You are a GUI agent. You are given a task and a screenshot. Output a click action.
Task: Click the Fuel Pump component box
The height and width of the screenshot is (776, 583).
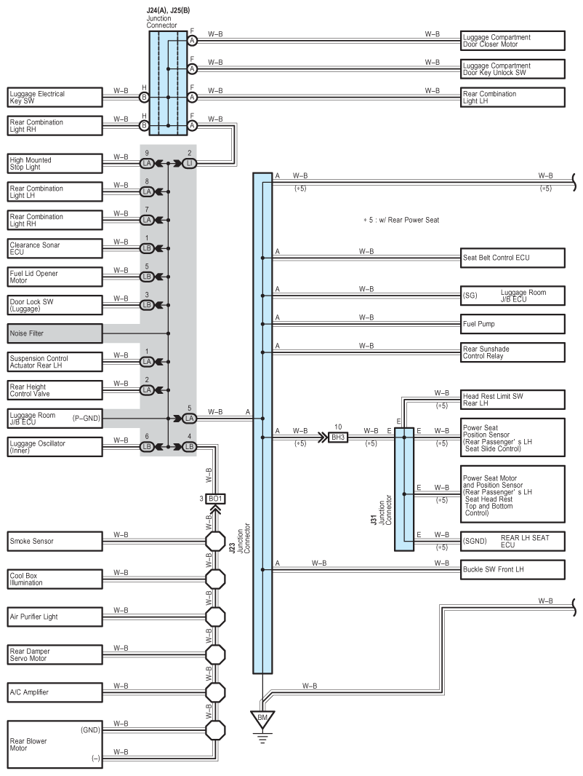512,324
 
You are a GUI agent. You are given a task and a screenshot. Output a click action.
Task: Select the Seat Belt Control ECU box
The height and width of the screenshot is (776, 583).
512,258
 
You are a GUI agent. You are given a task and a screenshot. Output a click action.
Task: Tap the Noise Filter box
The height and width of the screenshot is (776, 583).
55,333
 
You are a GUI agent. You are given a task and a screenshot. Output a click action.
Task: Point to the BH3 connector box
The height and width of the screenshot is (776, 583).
338,438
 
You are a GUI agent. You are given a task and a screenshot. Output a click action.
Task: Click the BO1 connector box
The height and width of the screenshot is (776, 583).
215,499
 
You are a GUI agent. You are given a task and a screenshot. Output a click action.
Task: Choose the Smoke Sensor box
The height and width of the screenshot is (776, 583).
55,541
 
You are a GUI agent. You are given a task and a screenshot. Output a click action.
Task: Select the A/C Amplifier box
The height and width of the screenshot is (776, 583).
55,692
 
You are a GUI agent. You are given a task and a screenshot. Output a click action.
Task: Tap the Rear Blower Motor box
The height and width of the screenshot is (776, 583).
55,744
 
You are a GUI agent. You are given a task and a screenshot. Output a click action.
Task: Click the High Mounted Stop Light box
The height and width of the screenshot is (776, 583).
55,163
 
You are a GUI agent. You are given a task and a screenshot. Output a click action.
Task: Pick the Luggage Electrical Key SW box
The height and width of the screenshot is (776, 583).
55,97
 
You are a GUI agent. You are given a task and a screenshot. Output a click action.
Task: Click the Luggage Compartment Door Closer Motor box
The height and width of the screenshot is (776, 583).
512,41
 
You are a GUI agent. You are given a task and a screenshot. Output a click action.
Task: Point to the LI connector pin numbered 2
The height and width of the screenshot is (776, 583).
189,163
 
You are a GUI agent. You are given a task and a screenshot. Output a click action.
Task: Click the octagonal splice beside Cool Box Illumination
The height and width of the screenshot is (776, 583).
215,579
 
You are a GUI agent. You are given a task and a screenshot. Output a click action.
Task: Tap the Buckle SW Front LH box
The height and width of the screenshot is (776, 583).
512,570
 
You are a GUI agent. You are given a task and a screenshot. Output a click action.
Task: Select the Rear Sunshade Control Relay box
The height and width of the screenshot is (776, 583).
512,352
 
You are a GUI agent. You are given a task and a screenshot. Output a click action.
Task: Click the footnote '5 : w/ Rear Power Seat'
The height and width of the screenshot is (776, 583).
401,220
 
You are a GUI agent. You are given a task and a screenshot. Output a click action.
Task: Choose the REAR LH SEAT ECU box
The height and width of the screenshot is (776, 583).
512,542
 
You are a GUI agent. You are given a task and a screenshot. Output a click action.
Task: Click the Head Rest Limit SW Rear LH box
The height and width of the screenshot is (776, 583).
512,400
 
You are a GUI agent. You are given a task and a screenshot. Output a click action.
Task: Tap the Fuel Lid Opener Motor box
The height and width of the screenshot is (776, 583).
55,277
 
